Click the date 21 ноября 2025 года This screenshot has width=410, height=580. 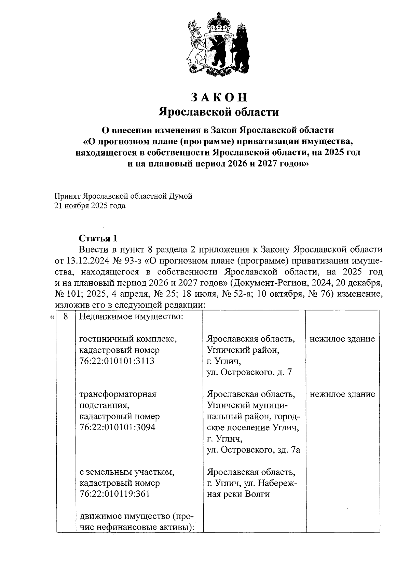click(90, 206)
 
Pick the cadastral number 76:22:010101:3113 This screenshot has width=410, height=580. click(117, 361)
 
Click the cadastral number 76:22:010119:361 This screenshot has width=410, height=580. click(114, 494)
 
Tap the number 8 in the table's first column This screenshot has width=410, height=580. click(66, 317)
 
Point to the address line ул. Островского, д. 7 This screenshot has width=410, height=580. click(249, 372)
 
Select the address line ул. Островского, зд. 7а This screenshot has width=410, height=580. click(254, 450)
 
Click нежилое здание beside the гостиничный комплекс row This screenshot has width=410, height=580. click(342, 339)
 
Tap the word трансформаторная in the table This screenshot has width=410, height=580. click(118, 394)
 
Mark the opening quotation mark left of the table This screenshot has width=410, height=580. click(52, 318)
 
